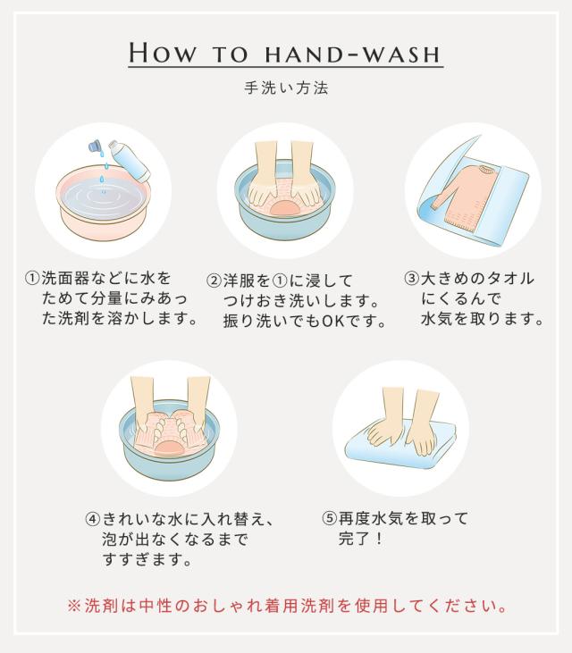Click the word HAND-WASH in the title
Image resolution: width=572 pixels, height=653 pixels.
353,54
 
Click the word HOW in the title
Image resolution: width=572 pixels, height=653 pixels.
162,53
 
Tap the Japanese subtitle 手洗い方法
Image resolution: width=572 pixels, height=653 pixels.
286,88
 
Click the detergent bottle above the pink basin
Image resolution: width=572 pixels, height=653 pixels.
130,160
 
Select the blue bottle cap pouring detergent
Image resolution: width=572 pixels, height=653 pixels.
95,146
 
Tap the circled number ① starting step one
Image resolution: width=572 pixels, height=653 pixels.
32,278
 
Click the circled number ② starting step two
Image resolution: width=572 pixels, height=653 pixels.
214,280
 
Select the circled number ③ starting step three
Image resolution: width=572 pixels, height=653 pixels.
412,278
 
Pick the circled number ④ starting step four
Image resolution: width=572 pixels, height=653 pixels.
92,519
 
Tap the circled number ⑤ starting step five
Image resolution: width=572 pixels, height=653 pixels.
329,518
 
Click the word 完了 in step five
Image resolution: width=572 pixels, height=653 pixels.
354,539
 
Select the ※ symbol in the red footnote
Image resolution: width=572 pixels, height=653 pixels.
74,606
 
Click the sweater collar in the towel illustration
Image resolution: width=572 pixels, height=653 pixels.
486,170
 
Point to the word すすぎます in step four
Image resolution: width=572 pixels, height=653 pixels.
147,559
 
